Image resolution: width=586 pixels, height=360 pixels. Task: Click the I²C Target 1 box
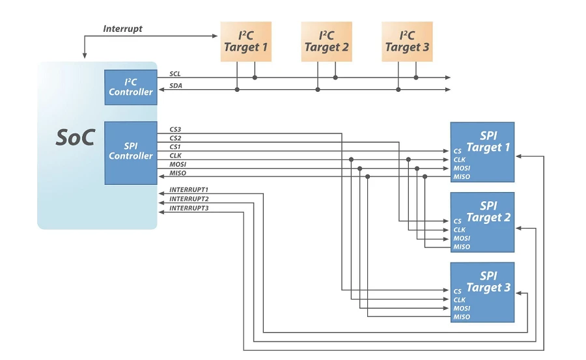(x=245, y=42)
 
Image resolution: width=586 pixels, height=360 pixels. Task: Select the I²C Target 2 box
(x=326, y=42)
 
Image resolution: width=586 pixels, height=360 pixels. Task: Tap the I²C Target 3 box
(x=407, y=42)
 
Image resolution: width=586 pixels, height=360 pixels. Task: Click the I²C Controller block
(x=131, y=87)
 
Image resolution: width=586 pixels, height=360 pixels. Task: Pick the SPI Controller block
(x=131, y=152)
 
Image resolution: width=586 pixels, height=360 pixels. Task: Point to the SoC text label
(x=75, y=138)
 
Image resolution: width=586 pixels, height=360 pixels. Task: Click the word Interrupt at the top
(x=122, y=29)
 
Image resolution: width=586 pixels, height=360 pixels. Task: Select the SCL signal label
(x=175, y=74)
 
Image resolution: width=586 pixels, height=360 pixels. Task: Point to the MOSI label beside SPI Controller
(x=178, y=165)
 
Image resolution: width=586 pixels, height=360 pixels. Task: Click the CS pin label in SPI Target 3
(x=458, y=292)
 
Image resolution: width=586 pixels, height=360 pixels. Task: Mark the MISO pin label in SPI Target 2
(x=462, y=247)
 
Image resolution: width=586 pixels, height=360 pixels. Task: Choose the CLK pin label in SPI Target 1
(x=460, y=159)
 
